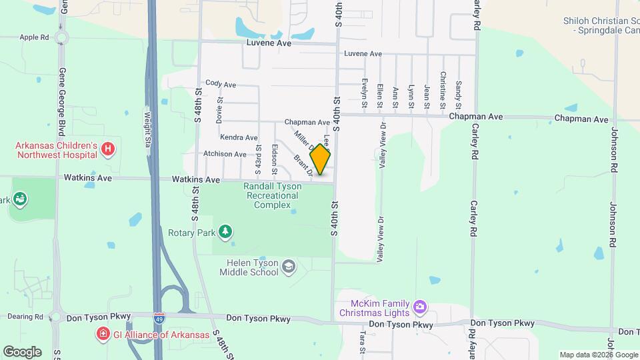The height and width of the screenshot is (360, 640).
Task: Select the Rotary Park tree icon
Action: click(x=227, y=231)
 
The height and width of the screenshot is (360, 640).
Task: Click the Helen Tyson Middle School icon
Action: click(x=288, y=268)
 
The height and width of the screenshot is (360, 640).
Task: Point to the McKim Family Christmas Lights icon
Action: click(x=420, y=307)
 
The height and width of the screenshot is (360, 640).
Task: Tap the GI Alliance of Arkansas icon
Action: click(x=103, y=333)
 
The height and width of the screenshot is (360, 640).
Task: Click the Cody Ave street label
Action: click(x=221, y=84)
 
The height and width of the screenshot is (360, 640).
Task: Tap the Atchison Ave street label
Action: click(x=225, y=154)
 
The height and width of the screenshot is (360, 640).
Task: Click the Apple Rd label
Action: click(x=35, y=38)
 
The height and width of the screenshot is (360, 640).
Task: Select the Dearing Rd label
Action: click(x=27, y=317)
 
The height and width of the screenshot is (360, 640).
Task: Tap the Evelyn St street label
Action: click(x=365, y=90)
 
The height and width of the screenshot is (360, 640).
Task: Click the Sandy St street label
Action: click(x=458, y=94)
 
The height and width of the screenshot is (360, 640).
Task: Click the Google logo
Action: click(x=22, y=351)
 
